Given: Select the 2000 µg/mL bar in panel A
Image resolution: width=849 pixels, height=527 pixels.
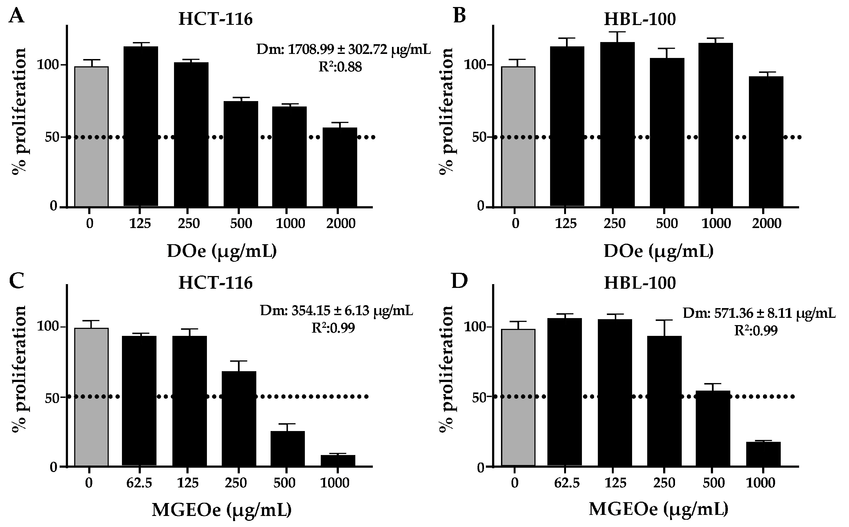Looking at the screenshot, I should pos(340,167).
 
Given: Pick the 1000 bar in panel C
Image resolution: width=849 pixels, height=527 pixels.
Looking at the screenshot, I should pos(338,460).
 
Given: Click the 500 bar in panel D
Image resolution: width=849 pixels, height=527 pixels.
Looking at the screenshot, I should pos(713,429).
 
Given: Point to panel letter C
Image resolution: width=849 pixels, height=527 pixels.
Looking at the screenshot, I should pos(17,281).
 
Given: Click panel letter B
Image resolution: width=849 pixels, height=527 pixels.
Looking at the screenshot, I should pos(459,16).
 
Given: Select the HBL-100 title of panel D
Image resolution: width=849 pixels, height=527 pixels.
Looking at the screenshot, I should pos(640,283).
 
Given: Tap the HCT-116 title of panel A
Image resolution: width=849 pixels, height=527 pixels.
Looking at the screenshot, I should pos(215,19).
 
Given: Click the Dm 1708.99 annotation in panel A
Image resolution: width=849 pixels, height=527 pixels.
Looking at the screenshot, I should pos(344,50).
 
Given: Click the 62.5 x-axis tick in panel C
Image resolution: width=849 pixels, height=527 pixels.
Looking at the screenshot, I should pos(139,483).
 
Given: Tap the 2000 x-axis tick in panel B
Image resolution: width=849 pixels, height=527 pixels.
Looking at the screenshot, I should pos(767,223).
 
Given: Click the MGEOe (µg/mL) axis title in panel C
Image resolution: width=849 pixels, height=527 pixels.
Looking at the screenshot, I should pos(222,510).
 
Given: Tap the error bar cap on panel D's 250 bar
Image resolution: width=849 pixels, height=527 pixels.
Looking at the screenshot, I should pos(664,320).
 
